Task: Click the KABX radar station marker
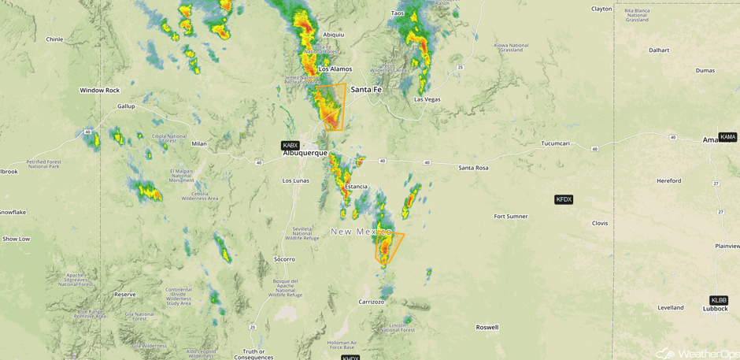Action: (290, 146)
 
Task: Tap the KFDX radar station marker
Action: (564, 199)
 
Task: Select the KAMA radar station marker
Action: (727, 137)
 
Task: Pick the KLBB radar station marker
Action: (719, 300)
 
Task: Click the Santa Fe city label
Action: (366, 90)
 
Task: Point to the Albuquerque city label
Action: (305, 153)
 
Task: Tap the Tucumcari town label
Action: (555, 143)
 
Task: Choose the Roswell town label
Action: (487, 327)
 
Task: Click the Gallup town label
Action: (126, 106)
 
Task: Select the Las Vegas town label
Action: (427, 99)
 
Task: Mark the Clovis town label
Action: (600, 223)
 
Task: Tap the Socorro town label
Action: (284, 259)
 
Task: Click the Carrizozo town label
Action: (372, 302)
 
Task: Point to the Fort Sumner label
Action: (511, 216)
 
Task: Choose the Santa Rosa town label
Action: (474, 168)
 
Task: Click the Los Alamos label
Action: (335, 69)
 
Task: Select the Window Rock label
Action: (99, 91)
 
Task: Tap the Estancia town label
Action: (356, 187)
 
